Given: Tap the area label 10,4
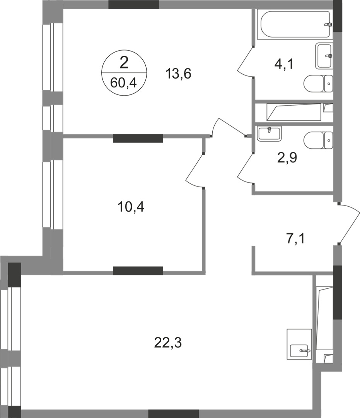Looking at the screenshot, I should coord(131,207).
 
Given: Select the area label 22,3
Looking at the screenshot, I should coord(167,342).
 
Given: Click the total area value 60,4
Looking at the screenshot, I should coord(124,82).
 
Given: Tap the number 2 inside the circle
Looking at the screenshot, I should coord(124,62).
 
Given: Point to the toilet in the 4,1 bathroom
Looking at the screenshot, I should coord(318,83).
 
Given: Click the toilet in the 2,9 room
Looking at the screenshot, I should coord(318,140).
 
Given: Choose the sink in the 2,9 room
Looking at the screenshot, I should coord(270,133).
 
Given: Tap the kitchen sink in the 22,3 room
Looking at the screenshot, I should coord(299,350).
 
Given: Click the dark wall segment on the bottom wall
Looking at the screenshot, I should coord(173,413).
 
